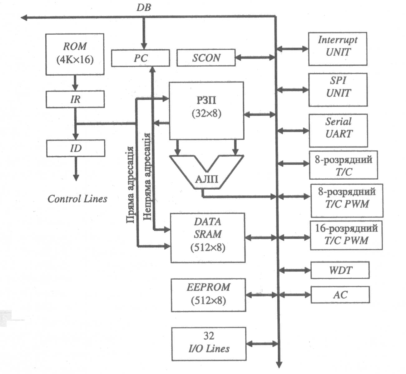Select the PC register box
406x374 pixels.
pyautogui.click(x=141, y=58)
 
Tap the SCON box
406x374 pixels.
pyautogui.click(x=206, y=58)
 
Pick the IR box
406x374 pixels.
pyautogui.click(x=75, y=99)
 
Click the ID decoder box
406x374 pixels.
pyautogui.click(x=76, y=148)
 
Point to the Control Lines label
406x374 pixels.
pyautogui.click(x=77, y=199)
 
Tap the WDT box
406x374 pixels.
pyautogui.click(x=340, y=270)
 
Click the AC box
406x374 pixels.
pyautogui.click(x=340, y=295)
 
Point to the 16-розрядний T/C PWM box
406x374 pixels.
pyautogui.click(x=346, y=235)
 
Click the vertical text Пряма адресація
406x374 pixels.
pyautogui.click(x=131, y=184)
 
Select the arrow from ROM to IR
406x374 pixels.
pyautogui.click(x=75, y=83)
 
